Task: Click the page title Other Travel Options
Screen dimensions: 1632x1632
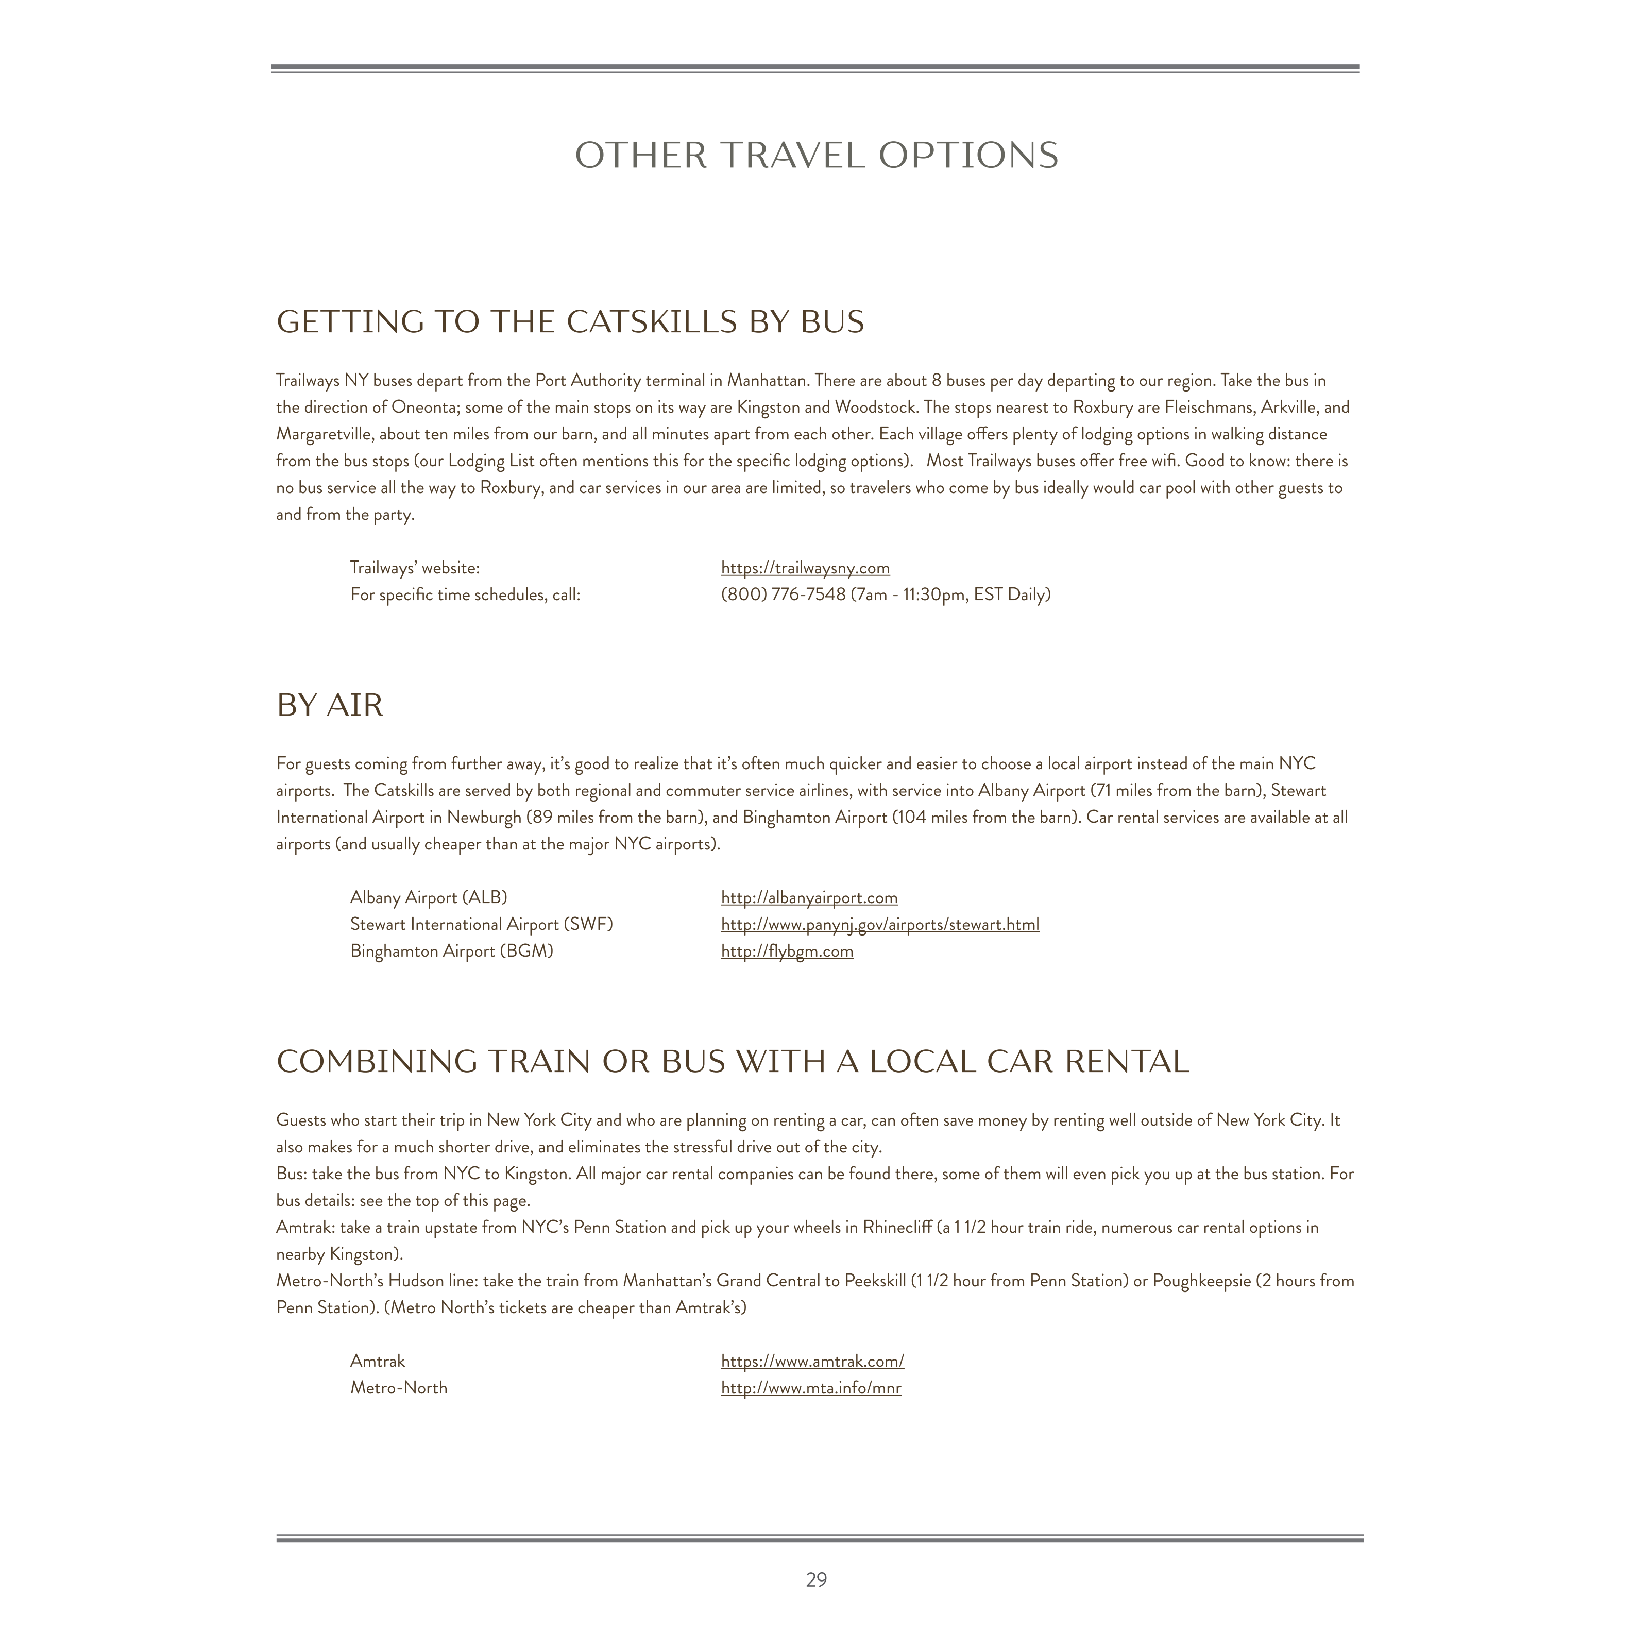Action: click(816, 156)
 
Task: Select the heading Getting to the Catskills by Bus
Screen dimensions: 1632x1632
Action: click(570, 322)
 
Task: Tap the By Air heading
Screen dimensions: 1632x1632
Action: click(330, 705)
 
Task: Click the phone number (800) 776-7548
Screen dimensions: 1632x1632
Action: click(783, 594)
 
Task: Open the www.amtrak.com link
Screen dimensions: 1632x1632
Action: click(812, 1361)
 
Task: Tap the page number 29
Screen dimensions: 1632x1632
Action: click(816, 1579)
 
